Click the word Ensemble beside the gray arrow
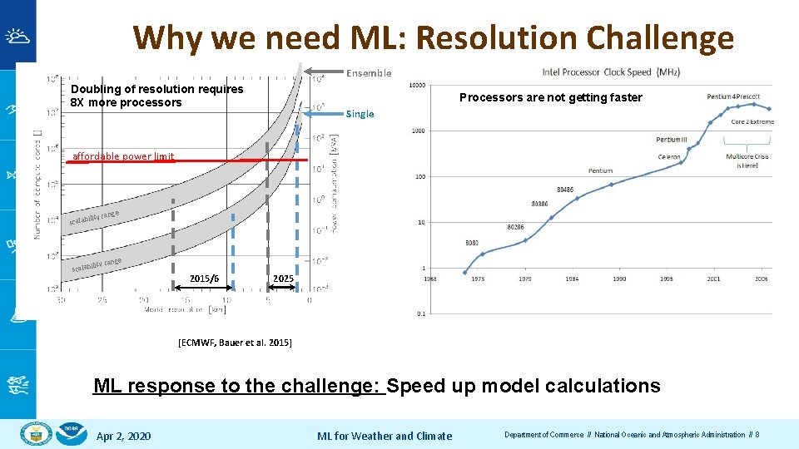(x=369, y=73)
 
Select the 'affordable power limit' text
(x=123, y=156)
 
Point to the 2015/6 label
(x=204, y=279)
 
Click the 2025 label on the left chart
(x=283, y=279)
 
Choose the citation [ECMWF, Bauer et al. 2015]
(x=235, y=343)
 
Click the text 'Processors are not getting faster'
(x=551, y=97)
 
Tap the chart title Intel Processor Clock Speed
(x=611, y=72)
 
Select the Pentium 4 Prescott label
(x=733, y=97)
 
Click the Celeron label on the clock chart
(x=669, y=157)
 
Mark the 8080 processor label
(x=472, y=243)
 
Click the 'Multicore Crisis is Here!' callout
(x=747, y=160)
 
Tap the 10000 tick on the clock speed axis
(x=416, y=85)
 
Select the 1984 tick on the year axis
(x=573, y=279)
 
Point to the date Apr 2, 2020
(x=123, y=436)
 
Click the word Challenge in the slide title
(x=660, y=38)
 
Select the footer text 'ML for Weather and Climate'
(x=385, y=436)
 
